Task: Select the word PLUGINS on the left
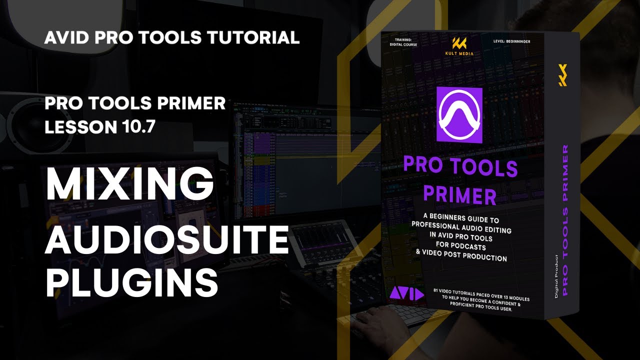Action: point(131,283)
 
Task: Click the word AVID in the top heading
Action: point(64,37)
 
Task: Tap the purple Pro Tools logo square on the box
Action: point(459,114)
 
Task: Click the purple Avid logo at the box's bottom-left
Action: point(406,294)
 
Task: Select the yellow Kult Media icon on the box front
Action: point(459,43)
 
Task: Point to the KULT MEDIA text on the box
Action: point(459,53)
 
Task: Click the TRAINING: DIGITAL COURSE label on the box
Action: point(402,41)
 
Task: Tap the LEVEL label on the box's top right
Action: point(511,41)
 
